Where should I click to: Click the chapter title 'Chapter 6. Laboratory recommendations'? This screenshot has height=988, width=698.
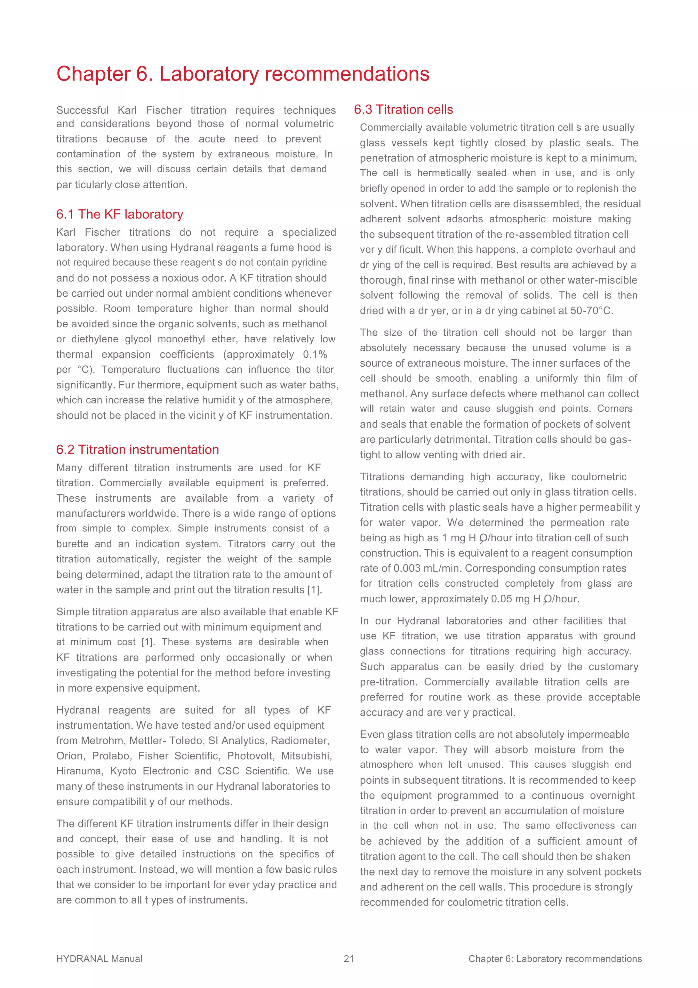243,74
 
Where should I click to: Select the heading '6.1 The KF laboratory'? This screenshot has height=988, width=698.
120,214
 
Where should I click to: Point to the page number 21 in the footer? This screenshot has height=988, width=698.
349,958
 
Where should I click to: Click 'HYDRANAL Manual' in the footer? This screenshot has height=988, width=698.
99,958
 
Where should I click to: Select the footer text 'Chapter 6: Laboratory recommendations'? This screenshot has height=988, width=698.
555,958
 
